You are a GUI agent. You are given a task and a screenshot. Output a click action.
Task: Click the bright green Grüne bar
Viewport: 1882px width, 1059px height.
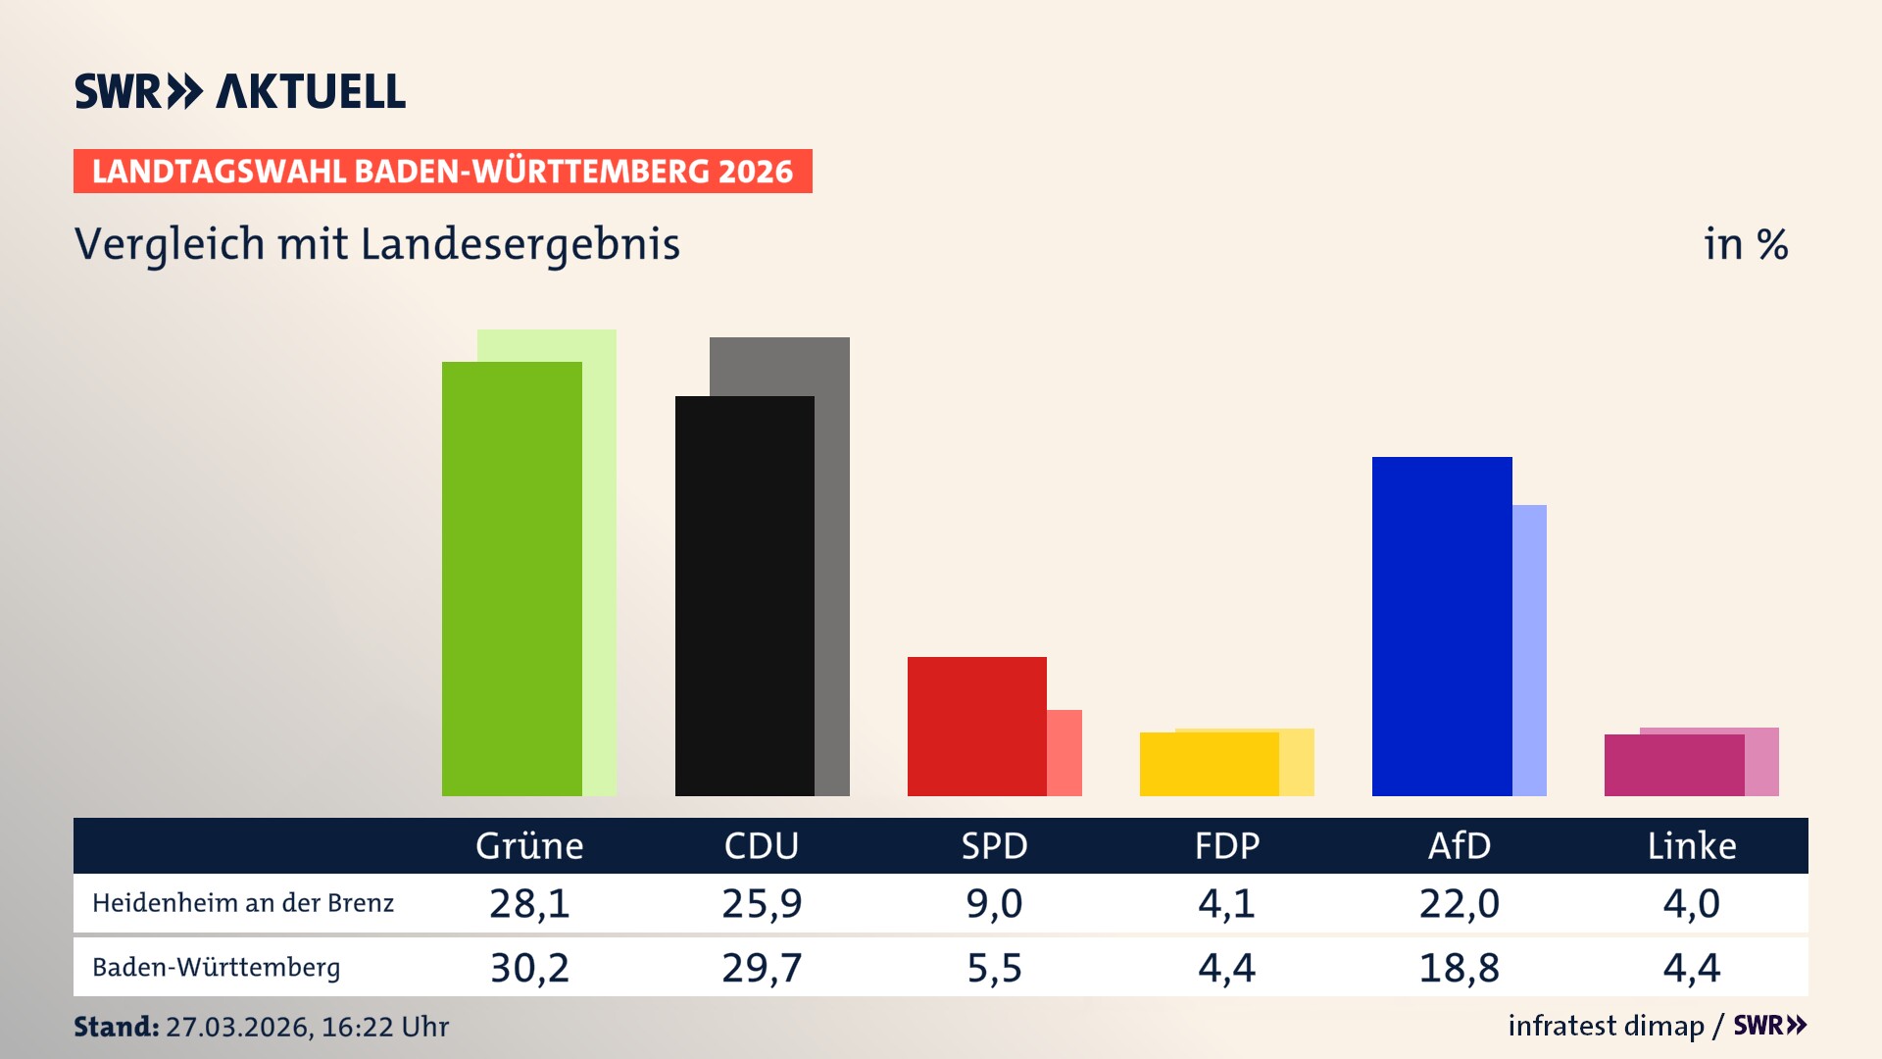512,579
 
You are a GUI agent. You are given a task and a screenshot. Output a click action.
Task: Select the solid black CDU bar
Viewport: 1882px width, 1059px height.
744,595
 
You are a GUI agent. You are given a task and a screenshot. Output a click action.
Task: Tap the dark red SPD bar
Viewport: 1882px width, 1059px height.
976,726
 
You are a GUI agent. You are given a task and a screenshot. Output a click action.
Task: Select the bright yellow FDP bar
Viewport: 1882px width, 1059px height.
1209,764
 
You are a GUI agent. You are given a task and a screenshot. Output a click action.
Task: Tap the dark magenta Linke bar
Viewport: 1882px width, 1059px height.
1673,765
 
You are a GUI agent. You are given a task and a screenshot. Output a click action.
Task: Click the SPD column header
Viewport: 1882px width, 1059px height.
994,845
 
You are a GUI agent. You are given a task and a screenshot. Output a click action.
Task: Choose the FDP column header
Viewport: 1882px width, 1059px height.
1226,845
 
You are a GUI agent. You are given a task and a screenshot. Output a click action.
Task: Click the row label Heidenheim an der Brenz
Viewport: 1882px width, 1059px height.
243,903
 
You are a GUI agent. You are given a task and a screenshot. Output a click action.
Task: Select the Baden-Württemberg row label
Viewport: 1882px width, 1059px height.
216,968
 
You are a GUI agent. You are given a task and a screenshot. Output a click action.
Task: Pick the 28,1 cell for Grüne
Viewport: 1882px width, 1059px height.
529,903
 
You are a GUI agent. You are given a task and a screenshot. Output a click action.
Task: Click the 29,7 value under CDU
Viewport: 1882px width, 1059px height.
762,968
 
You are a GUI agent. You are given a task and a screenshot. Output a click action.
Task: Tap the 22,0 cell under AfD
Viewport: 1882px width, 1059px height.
1459,903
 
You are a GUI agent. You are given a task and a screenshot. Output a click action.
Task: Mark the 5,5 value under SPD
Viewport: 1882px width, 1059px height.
994,968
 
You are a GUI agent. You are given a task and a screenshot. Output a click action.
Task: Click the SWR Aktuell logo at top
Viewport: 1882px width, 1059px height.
240,91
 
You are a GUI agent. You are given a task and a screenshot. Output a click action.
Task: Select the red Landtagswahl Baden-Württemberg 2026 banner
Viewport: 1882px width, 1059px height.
442,172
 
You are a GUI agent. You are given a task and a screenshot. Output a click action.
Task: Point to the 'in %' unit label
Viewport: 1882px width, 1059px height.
1745,244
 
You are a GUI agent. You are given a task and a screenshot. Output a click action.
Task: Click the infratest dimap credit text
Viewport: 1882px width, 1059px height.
1606,1026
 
